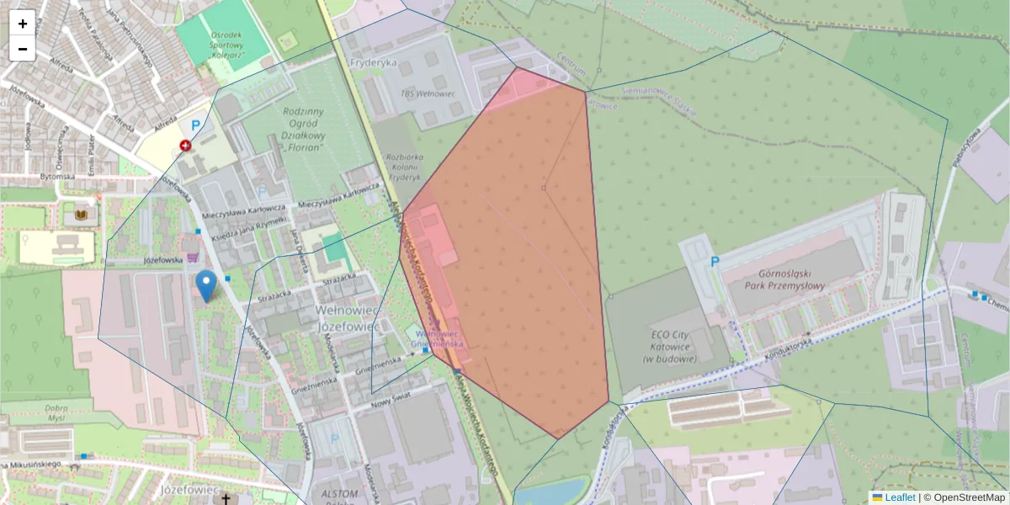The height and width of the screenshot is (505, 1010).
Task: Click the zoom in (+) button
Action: (x=23, y=23)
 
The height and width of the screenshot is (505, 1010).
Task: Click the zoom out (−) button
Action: (x=23, y=49)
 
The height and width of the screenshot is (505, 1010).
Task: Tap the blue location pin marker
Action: (x=205, y=284)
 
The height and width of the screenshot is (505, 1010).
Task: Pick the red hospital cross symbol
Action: (x=185, y=146)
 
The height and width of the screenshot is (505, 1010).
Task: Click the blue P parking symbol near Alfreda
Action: (x=196, y=125)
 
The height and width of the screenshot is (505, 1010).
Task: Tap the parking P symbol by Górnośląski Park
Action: (x=715, y=262)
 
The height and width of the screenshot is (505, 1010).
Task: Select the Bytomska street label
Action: (x=57, y=177)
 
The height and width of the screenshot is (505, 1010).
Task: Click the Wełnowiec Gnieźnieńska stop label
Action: (x=440, y=338)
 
